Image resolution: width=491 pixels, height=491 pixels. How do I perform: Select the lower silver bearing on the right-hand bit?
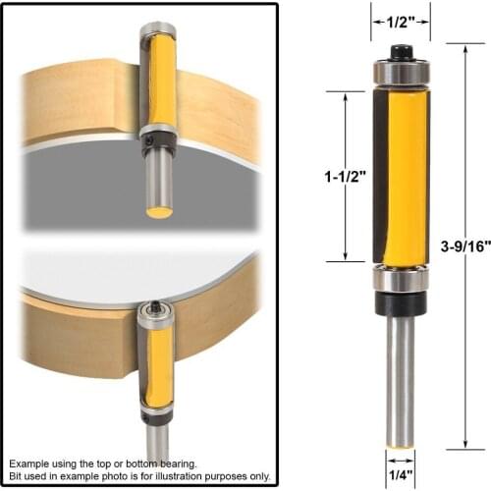pyautogui.click(x=399, y=279)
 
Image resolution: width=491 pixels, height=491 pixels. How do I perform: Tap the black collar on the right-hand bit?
pyautogui.click(x=399, y=306)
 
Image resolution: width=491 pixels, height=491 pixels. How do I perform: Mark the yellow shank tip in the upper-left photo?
pyautogui.click(x=159, y=210)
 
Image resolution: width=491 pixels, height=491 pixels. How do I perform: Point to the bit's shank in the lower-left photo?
pyautogui.click(x=157, y=436)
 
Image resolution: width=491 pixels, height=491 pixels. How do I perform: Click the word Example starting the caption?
pyautogui.click(x=30, y=462)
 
